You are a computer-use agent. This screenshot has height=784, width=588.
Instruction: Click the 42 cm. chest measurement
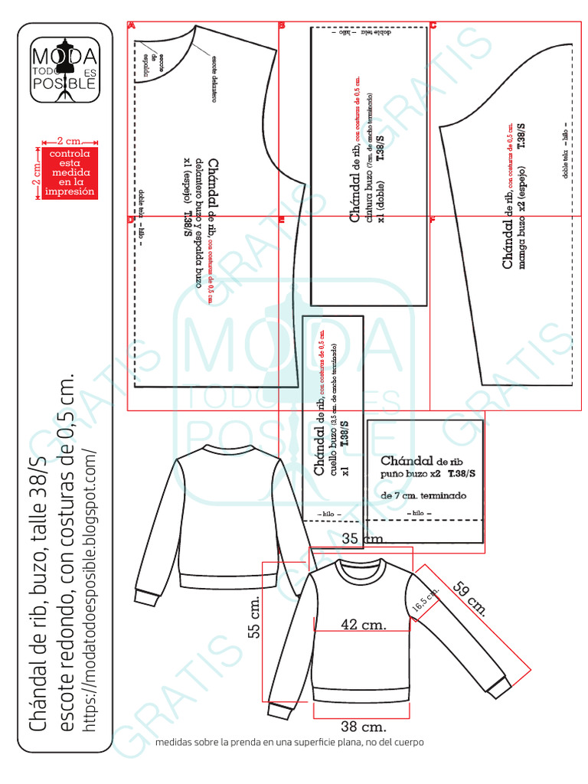(363, 624)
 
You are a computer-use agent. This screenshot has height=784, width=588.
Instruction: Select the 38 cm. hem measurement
(363, 726)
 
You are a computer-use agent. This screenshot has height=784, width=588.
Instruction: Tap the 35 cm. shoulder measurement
(361, 539)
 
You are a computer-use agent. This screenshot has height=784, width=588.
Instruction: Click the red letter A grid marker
(131, 25)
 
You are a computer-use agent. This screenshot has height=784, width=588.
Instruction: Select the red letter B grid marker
(282, 25)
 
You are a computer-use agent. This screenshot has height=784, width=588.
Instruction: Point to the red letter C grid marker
(433, 25)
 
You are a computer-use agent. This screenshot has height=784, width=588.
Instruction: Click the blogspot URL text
(90, 590)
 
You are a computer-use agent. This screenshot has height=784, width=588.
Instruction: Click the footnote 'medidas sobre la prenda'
(289, 742)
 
